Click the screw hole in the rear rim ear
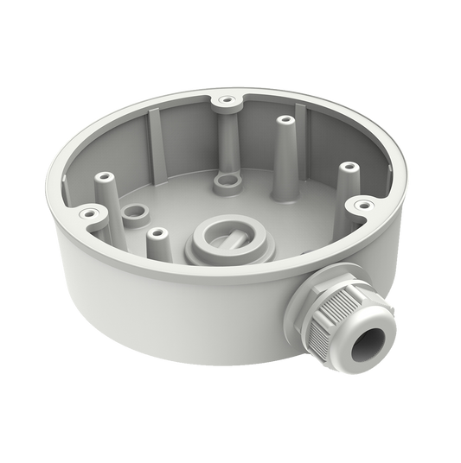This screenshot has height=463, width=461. click(227, 101)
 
